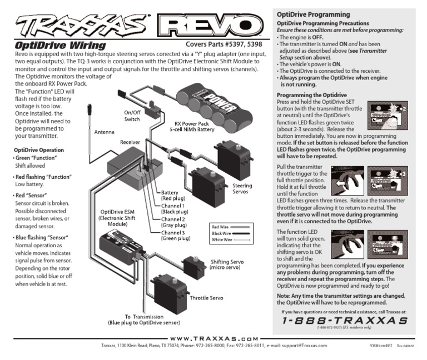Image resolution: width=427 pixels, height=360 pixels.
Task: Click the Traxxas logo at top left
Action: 78,25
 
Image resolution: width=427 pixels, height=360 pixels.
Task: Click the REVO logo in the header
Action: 212,25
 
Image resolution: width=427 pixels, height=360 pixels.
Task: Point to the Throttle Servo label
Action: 207,298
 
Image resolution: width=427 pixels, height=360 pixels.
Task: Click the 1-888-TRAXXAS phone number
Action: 345,321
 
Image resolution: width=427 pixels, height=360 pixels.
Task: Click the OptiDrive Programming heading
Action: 313,14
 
